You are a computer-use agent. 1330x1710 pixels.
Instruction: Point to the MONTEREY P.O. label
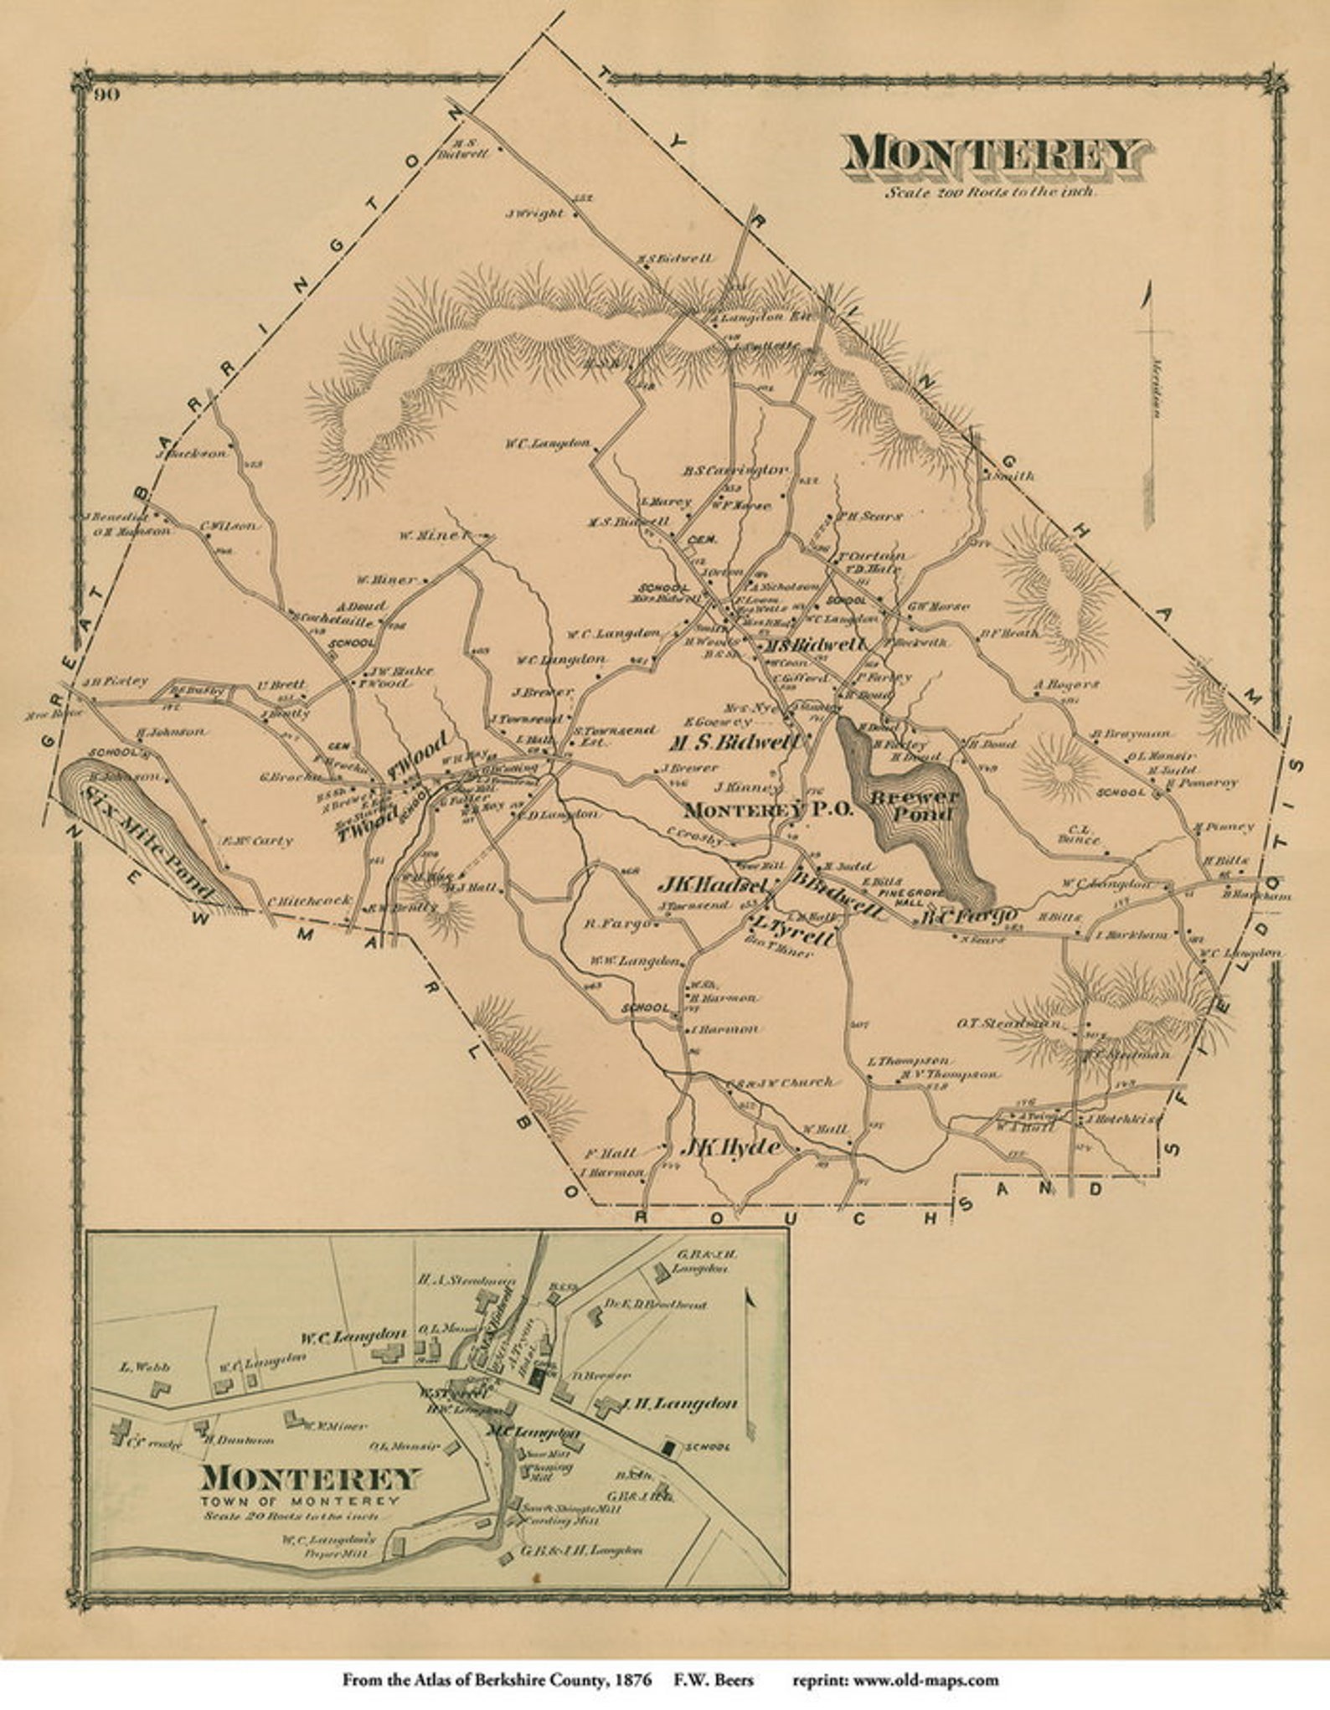click(x=768, y=811)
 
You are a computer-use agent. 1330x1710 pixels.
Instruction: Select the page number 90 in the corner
click(x=107, y=95)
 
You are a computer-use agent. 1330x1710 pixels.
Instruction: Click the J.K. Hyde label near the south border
click(x=730, y=1147)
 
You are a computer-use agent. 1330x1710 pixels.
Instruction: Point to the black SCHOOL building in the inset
click(x=668, y=1446)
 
